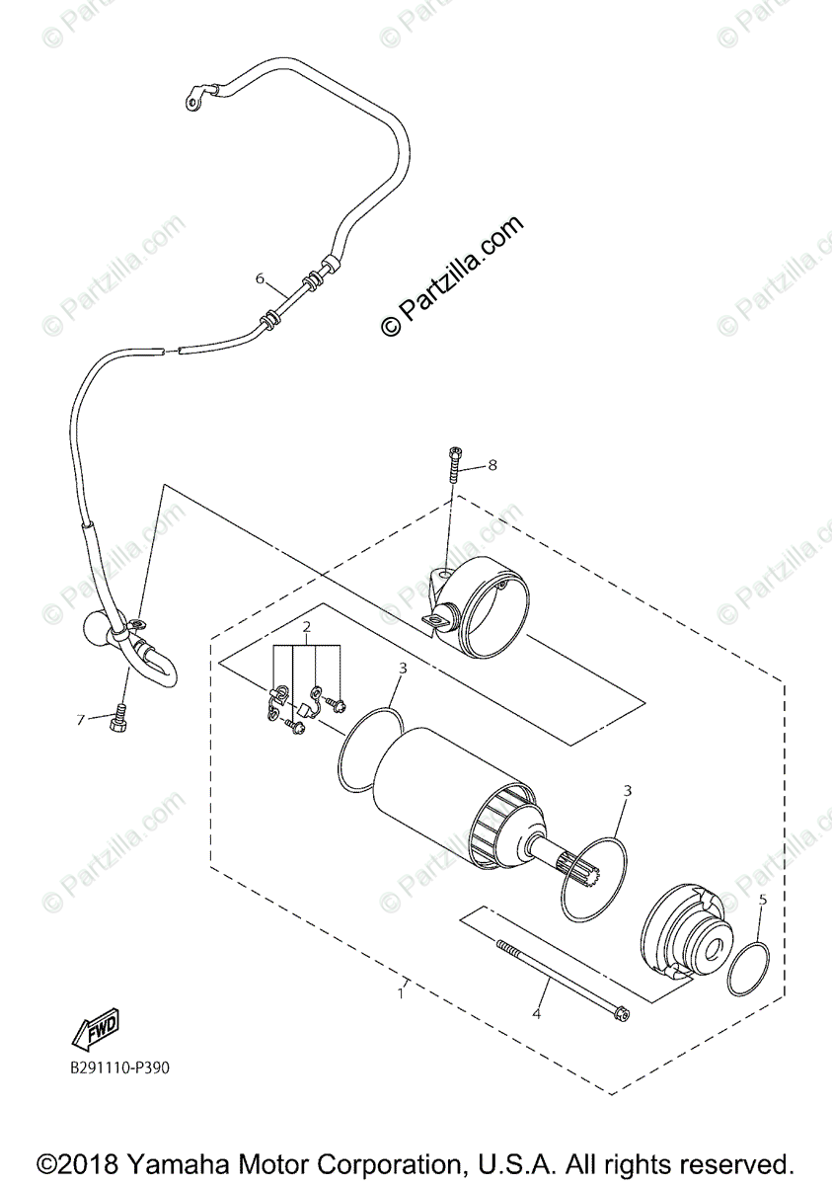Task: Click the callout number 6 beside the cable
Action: [x=261, y=278]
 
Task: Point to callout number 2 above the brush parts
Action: [x=307, y=627]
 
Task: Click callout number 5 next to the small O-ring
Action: [x=761, y=900]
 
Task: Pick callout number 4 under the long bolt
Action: [x=537, y=1014]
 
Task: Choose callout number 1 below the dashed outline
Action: [x=401, y=993]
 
